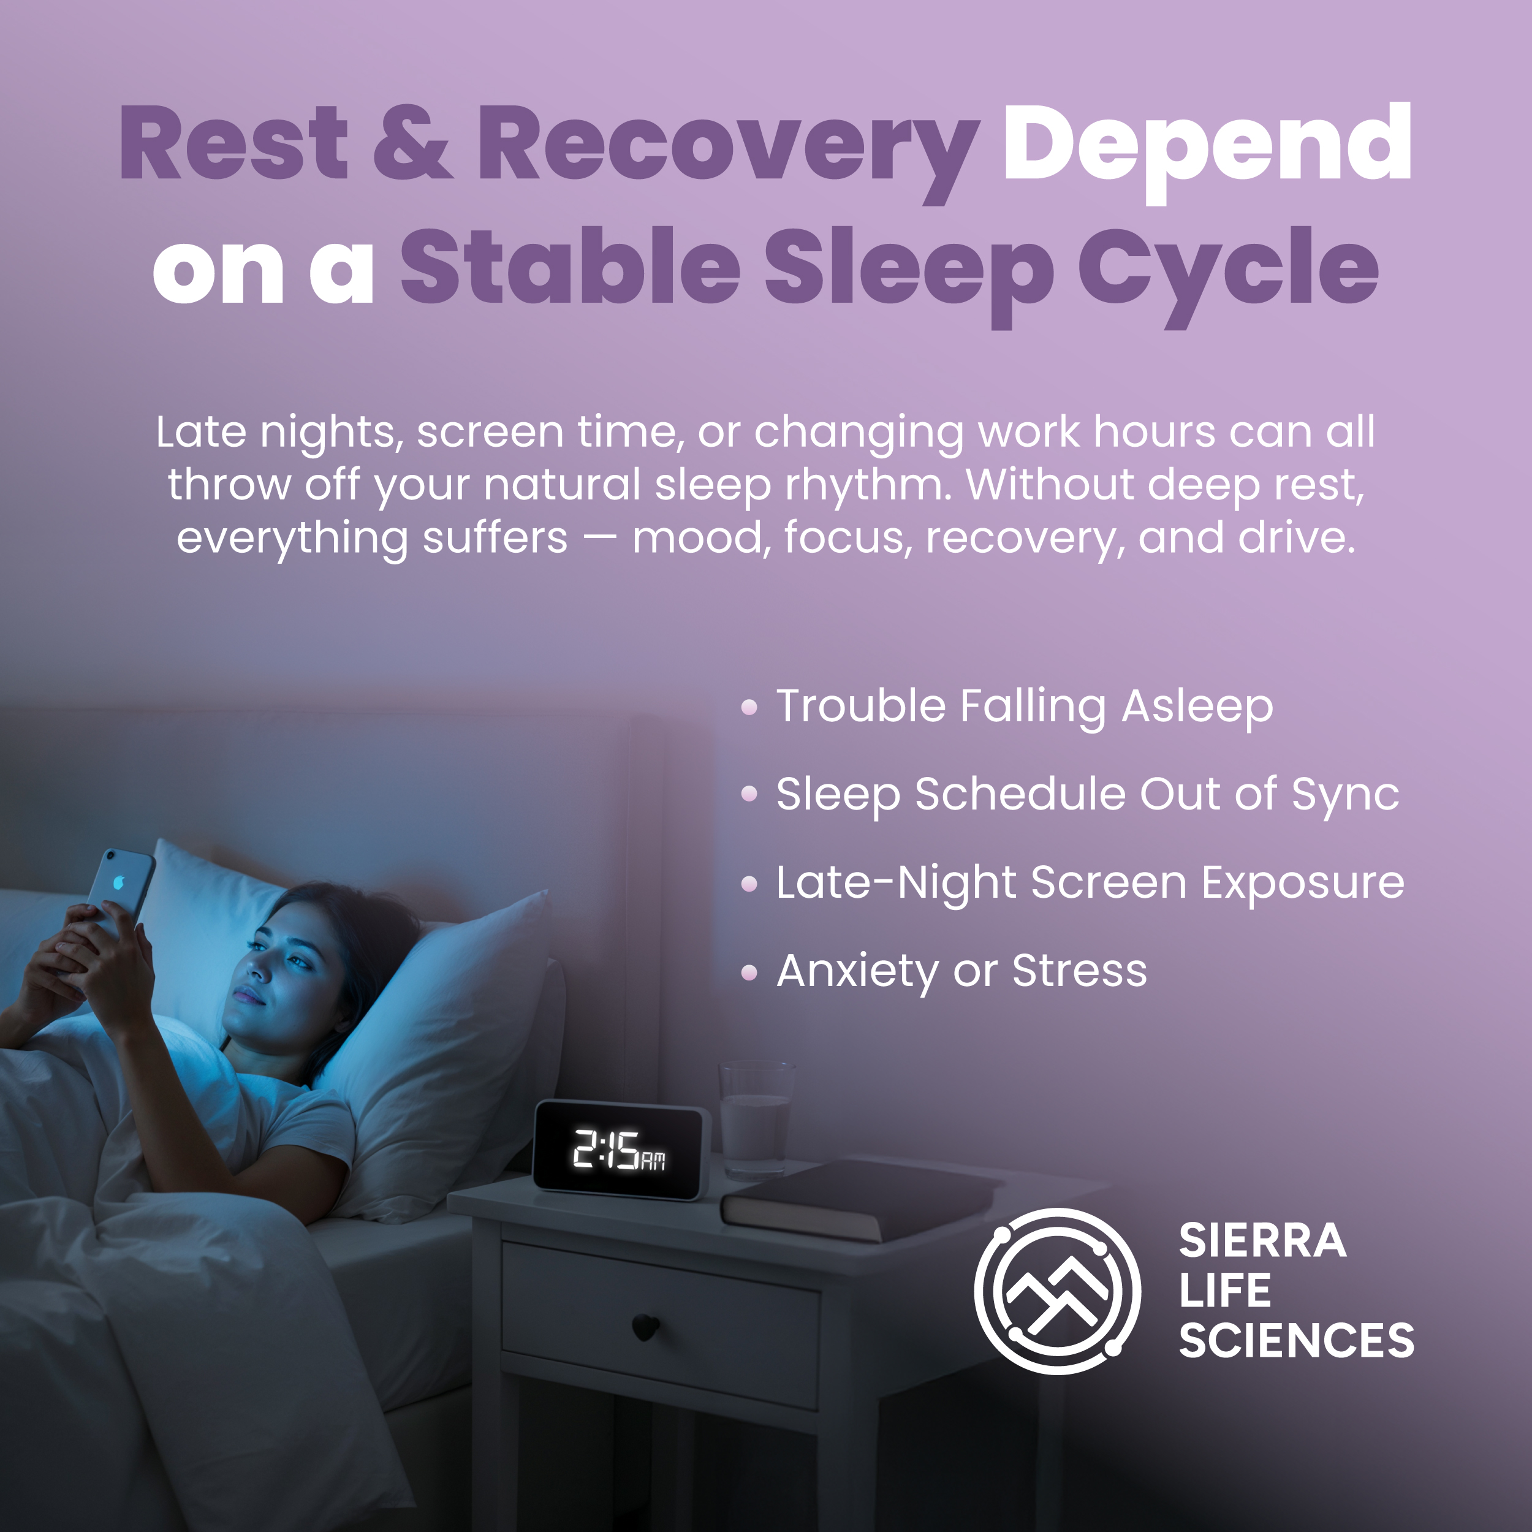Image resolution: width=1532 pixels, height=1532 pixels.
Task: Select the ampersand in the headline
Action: (412, 143)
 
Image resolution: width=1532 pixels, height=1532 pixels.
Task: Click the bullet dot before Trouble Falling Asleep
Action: (749, 707)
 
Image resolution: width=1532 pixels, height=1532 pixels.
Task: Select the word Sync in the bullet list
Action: (1345, 796)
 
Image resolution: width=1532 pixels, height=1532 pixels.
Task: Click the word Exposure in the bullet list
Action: (1303, 884)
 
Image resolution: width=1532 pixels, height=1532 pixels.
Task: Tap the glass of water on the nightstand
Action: (756, 1120)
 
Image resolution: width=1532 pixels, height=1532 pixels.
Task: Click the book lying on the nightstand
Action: (860, 1200)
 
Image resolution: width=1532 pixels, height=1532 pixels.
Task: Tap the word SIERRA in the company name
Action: (1262, 1242)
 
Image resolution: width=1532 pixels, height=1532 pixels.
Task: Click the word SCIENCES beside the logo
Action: (1297, 1341)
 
